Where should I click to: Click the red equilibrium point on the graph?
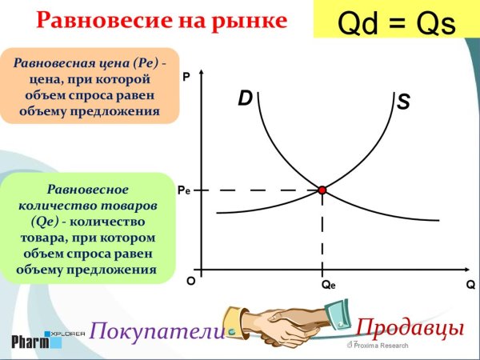(x=322, y=190)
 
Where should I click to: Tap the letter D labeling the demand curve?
(x=246, y=98)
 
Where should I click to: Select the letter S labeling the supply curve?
(x=404, y=102)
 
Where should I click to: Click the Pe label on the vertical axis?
(x=183, y=191)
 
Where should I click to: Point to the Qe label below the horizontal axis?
(x=328, y=285)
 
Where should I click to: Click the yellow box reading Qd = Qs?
(x=396, y=19)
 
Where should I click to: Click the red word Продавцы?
(x=410, y=327)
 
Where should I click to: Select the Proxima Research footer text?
(x=381, y=346)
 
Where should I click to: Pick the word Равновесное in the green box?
(x=88, y=190)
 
